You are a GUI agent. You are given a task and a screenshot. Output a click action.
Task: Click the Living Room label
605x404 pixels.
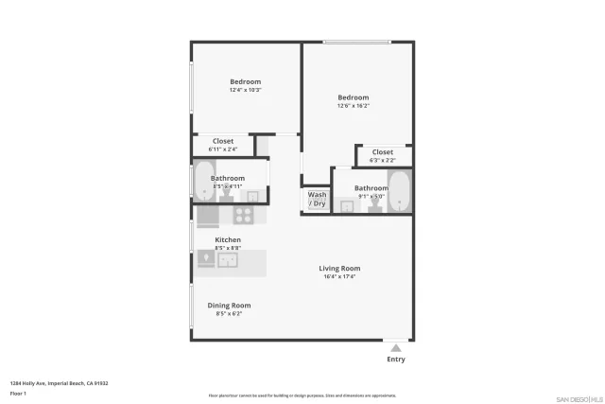point(338,268)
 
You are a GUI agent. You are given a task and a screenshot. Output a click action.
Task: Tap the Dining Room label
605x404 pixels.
point(229,305)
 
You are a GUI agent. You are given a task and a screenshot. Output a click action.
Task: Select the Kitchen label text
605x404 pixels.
point(228,240)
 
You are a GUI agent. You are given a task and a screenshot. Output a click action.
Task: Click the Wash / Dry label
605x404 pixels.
point(317,199)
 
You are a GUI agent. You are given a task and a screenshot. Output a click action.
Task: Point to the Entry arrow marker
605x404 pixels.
point(396,348)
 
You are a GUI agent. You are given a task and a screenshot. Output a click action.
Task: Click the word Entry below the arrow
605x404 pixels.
point(396,360)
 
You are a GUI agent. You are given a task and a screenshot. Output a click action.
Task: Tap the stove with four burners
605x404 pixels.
point(244,214)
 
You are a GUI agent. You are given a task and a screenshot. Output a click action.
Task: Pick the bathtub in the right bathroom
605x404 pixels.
point(399,192)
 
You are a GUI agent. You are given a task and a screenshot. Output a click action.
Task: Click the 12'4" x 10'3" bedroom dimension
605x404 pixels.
point(245,90)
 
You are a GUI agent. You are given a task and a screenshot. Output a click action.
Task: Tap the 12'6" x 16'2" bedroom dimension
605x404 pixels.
point(354,106)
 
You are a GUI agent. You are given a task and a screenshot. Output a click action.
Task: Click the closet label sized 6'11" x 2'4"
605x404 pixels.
point(223,149)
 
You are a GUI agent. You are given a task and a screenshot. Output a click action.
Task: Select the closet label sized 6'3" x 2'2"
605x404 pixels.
point(383,160)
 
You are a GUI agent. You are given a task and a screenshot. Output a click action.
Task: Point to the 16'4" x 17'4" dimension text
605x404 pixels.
point(338,276)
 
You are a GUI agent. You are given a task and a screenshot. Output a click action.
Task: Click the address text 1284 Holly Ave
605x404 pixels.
point(59,383)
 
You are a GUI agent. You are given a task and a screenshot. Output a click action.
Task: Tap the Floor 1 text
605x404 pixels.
point(17,393)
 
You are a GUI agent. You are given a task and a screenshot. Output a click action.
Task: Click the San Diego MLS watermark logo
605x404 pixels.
point(579,397)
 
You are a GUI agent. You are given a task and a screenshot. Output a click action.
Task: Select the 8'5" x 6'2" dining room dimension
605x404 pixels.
point(229,313)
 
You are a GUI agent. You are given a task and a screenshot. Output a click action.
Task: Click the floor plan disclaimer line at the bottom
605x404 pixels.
point(302,395)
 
